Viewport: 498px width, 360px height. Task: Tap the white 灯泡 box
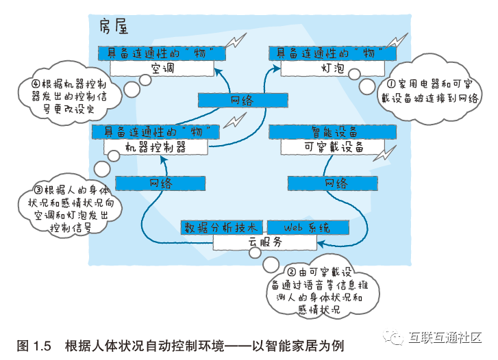(334, 68)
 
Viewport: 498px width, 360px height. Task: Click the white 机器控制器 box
(155, 146)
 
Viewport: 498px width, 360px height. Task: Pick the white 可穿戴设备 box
(333, 146)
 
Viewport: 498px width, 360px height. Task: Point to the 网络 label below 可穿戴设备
(336, 183)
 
